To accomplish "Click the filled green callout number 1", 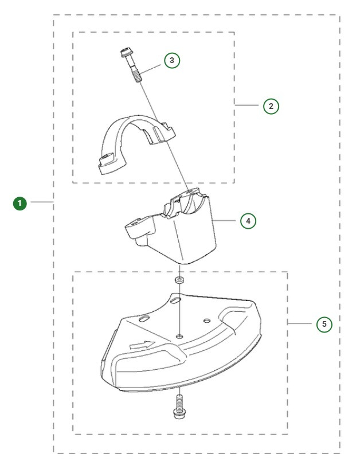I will (x=21, y=202).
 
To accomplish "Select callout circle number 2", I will (x=271, y=105).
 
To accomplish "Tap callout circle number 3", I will (x=172, y=60).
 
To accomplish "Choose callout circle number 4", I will (x=248, y=220).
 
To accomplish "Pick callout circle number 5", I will (x=324, y=324).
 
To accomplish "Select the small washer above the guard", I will (x=179, y=280).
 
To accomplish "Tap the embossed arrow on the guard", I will (x=142, y=345).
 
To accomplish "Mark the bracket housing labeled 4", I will (x=189, y=229).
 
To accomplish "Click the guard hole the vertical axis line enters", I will (x=180, y=335).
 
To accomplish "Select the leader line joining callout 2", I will (x=248, y=105).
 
